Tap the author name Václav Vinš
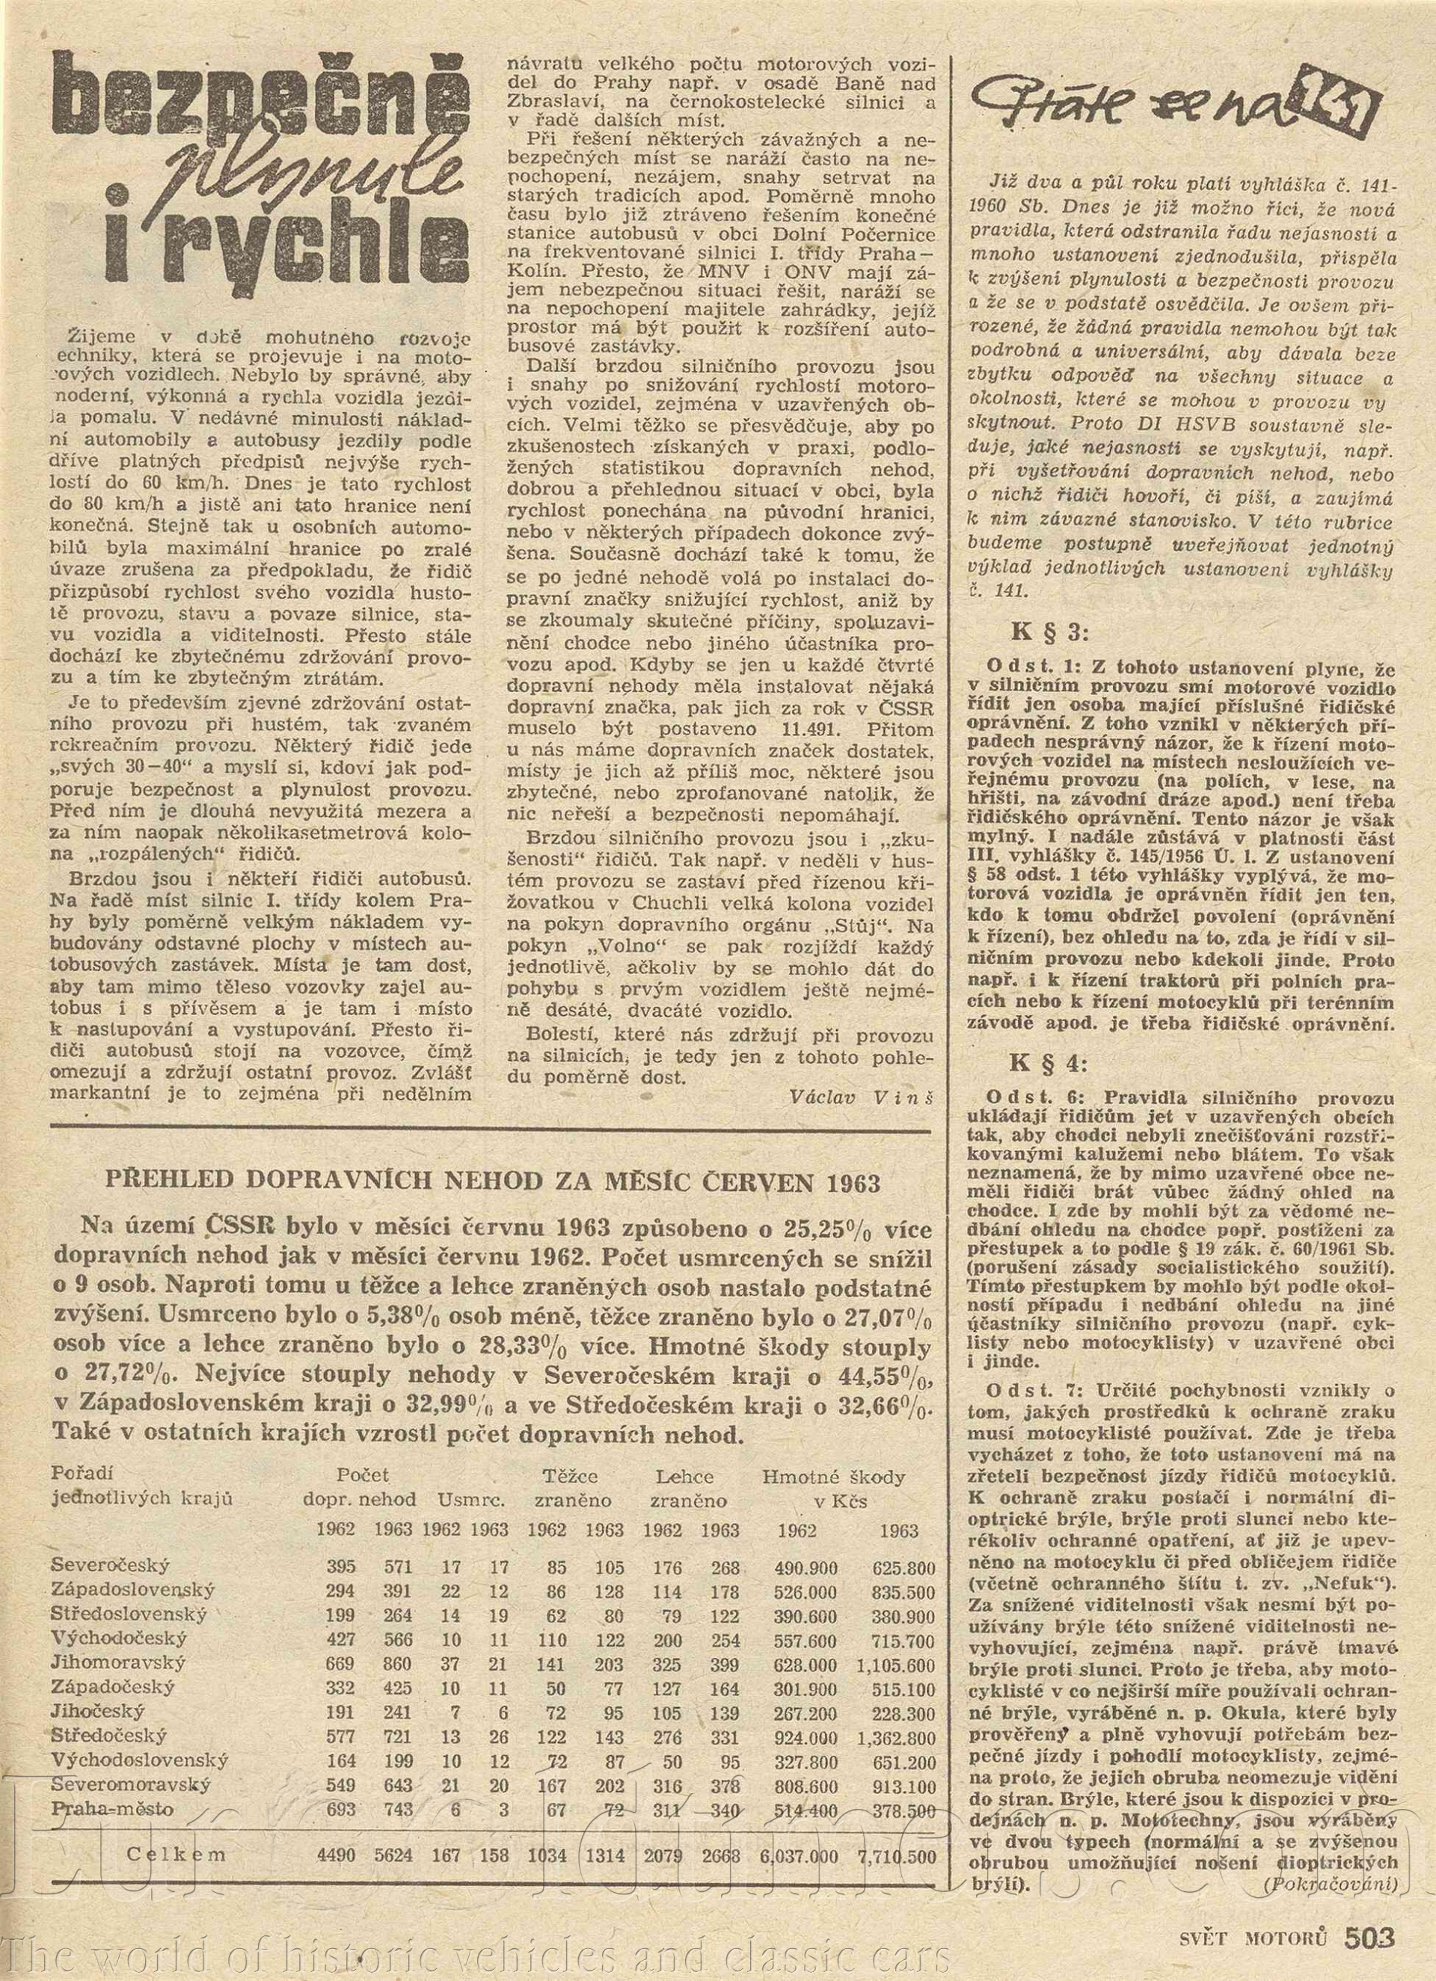[859, 1097]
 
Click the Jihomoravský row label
[119, 1663]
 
